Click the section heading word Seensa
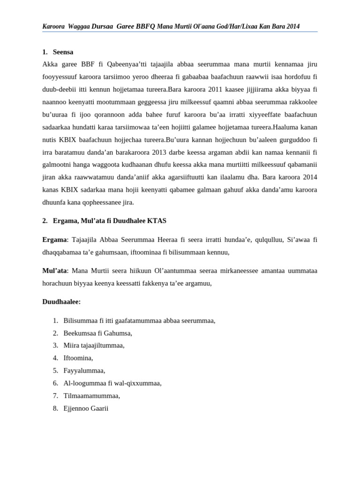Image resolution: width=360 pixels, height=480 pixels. pyautogui.click(x=63, y=52)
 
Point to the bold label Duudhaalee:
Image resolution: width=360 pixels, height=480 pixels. pyautogui.click(x=61, y=301)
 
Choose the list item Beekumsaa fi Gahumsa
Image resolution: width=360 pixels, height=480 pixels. pyautogui.click(x=97, y=333)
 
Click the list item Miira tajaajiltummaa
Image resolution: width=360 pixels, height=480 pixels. pyautogui.click(x=94, y=345)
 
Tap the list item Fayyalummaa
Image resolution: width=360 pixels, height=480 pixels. pyautogui.click(x=84, y=370)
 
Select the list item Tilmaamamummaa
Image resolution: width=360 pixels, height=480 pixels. pyautogui.click(x=91, y=396)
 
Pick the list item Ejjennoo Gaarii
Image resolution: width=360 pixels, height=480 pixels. pyautogui.click(x=86, y=408)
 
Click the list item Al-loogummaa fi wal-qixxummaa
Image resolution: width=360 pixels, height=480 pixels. pyautogui.click(x=112, y=383)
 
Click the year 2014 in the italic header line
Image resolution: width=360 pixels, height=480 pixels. pyautogui.click(x=292, y=26)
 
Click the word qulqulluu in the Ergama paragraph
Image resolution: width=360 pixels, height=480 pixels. pyautogui.click(x=241, y=240)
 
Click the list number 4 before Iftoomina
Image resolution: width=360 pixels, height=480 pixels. pyautogui.click(x=55, y=358)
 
